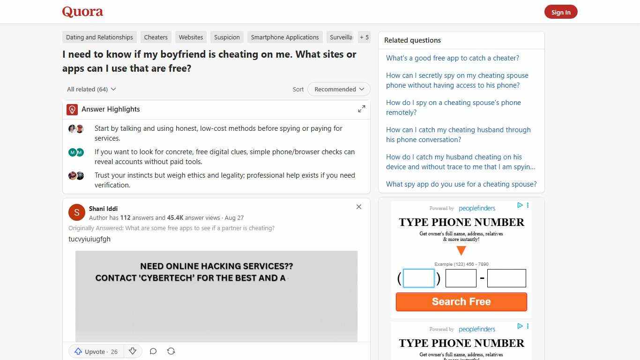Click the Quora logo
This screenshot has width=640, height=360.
pyautogui.click(x=82, y=12)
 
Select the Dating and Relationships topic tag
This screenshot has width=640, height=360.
pyautogui.click(x=99, y=37)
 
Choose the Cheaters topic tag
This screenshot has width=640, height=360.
pyautogui.click(x=156, y=37)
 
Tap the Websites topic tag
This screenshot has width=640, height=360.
pyautogui.click(x=191, y=37)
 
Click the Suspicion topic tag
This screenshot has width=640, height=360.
pyautogui.click(x=227, y=37)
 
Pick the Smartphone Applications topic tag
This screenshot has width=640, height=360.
pyautogui.click(x=284, y=37)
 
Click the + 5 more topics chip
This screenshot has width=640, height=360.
pyautogui.click(x=364, y=37)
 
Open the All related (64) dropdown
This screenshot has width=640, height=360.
pyautogui.click(x=91, y=89)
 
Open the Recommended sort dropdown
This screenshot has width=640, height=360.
pyautogui.click(x=339, y=89)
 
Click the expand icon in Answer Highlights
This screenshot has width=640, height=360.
pyautogui.click(x=362, y=109)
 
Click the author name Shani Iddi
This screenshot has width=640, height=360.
pyautogui.click(x=103, y=209)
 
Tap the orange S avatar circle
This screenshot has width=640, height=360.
pyautogui.click(x=77, y=212)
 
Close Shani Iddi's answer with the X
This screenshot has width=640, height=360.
pyautogui.click(x=359, y=207)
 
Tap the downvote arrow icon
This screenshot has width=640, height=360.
pyautogui.click(x=133, y=352)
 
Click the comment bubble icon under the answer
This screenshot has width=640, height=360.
pyautogui.click(x=153, y=352)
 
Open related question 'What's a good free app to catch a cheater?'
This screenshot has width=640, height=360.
pyautogui.click(x=452, y=58)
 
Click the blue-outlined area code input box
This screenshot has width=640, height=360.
pyautogui.click(x=418, y=278)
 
